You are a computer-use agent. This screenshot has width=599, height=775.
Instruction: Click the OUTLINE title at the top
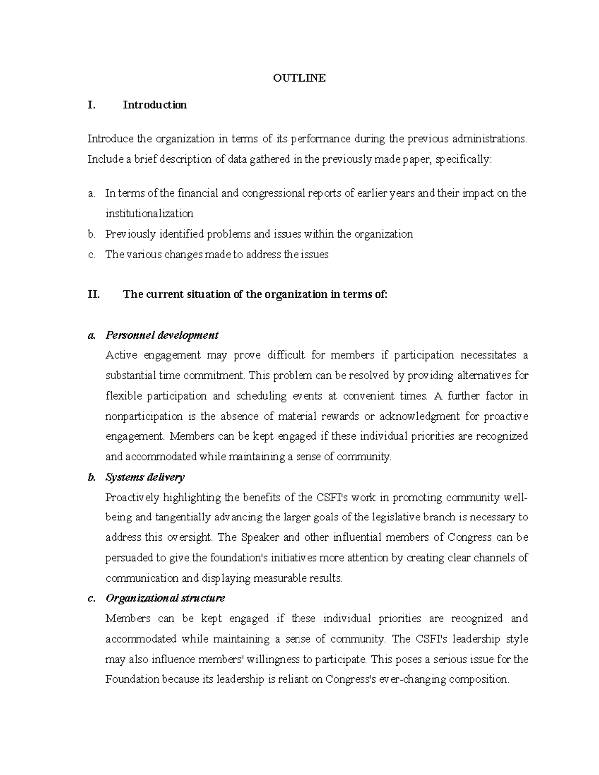(x=299, y=78)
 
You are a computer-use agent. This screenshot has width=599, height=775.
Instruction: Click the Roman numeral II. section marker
(x=94, y=294)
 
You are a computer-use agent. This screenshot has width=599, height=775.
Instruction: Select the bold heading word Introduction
(x=155, y=105)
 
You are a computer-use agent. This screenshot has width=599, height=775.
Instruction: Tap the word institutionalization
(x=149, y=214)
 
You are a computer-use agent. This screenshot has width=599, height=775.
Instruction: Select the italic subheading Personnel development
(x=162, y=335)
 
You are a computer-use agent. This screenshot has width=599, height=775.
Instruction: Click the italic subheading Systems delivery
(x=145, y=477)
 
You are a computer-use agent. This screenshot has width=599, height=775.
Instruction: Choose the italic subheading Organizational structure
(x=165, y=598)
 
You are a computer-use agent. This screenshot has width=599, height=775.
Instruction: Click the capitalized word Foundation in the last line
(x=132, y=680)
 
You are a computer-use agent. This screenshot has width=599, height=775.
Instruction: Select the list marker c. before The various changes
(x=92, y=255)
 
